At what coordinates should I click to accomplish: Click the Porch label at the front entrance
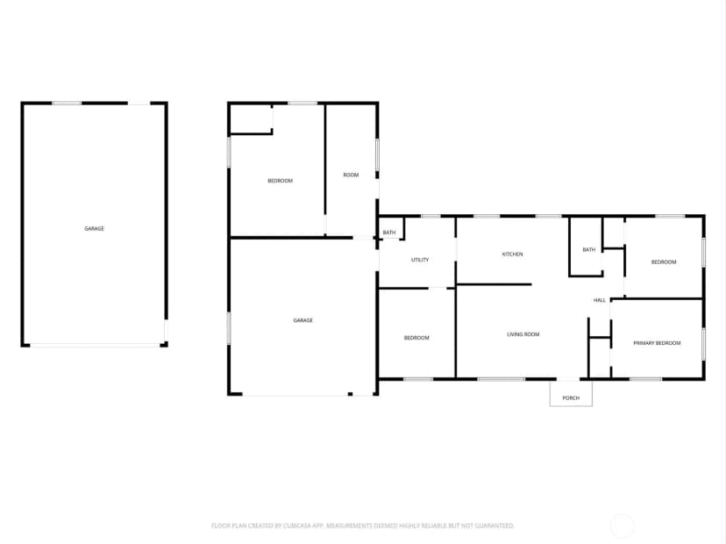(x=571, y=398)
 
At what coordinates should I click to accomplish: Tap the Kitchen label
(x=512, y=254)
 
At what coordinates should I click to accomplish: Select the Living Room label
(x=523, y=334)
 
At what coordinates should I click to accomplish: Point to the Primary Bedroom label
(x=657, y=343)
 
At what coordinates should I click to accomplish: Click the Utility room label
(x=420, y=260)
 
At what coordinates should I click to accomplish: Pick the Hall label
(x=600, y=300)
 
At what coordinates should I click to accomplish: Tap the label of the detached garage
(x=94, y=228)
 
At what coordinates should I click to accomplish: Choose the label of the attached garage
(x=302, y=320)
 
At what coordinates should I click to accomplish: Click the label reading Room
(x=351, y=175)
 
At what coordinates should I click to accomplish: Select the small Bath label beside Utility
(x=389, y=233)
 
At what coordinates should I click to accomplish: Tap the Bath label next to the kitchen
(x=588, y=250)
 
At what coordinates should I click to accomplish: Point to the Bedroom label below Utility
(x=416, y=338)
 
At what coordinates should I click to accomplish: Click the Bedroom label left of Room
(x=280, y=181)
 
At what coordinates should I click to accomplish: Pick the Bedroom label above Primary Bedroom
(x=664, y=261)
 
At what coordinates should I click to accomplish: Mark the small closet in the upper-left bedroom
(x=251, y=119)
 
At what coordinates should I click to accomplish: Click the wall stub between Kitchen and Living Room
(x=494, y=284)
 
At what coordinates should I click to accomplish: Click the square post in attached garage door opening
(x=350, y=394)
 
